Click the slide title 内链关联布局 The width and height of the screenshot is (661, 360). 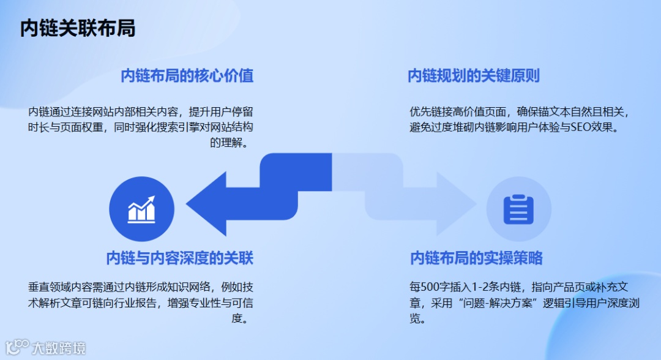[78, 29]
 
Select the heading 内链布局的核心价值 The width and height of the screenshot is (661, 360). [187, 76]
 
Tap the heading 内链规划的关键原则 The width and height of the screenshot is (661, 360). [474, 76]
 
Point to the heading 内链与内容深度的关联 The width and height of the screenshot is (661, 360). [179, 258]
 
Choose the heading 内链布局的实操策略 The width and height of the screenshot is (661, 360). [476, 258]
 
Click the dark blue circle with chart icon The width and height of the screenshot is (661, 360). [141, 209]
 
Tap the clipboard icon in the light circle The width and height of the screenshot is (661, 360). [518, 209]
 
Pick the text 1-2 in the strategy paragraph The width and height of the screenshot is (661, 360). [484, 287]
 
